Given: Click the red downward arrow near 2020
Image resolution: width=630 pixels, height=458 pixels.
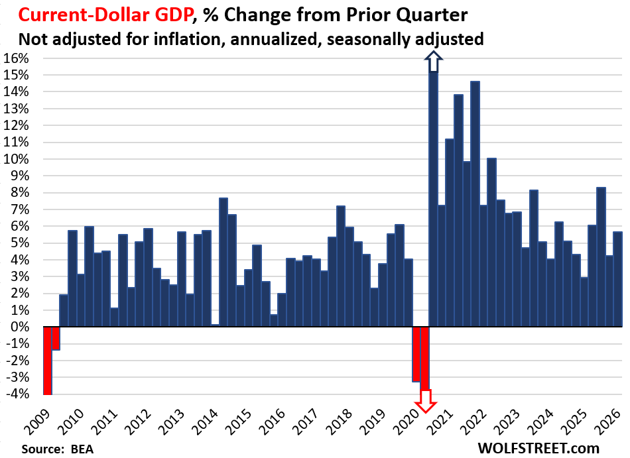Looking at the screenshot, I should (x=425, y=400).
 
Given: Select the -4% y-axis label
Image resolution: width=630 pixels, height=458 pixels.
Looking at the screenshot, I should (x=17, y=394).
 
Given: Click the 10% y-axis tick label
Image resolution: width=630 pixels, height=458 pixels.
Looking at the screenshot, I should (x=17, y=159).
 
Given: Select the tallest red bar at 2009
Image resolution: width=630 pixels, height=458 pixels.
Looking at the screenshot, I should (x=47, y=361).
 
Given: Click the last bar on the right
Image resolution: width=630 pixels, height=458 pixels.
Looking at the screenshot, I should (x=617, y=279).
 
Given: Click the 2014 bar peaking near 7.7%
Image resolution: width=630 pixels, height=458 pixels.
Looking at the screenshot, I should (x=223, y=262).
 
